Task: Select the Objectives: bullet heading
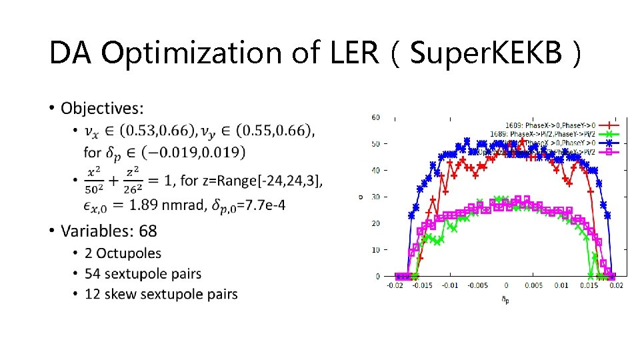[101, 108]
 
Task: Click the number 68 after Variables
[148, 231]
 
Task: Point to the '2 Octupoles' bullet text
[123, 253]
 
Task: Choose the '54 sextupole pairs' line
[143, 273]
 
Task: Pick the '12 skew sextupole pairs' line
[161, 293]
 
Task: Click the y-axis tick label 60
[375, 117]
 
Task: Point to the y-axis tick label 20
[375, 223]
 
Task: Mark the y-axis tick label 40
[375, 170]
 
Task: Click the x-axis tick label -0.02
[394, 286]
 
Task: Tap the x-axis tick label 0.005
[534, 286]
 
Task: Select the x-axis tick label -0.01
[450, 286]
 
